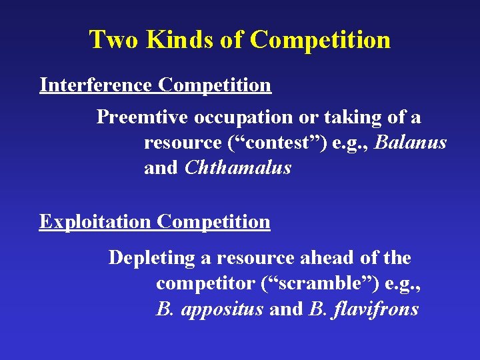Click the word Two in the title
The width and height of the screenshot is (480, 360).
114,40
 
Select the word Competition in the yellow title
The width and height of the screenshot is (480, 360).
320,40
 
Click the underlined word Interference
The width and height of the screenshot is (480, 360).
97,85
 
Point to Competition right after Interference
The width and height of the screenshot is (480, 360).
215,85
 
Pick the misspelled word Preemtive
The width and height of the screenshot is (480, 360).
143,117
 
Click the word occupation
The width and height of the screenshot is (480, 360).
234,117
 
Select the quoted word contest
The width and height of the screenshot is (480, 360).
281,143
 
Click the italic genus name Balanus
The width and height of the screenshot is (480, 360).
411,143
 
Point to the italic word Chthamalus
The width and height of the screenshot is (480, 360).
238,168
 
